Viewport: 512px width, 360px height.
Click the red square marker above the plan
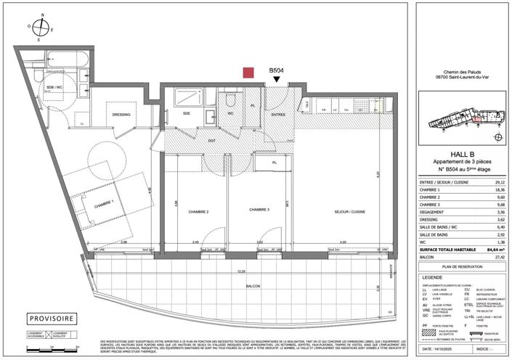[x=248, y=72]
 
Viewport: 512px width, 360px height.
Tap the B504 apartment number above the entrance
[x=276, y=71]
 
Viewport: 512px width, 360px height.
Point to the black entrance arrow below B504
[x=276, y=82]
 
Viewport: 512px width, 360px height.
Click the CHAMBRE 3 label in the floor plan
[x=259, y=210]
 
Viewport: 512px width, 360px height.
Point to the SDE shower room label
[x=187, y=113]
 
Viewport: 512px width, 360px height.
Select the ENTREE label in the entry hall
[x=277, y=114]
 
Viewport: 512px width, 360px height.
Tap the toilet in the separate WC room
[x=230, y=101]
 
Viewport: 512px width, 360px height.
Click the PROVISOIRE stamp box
[x=51, y=319]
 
